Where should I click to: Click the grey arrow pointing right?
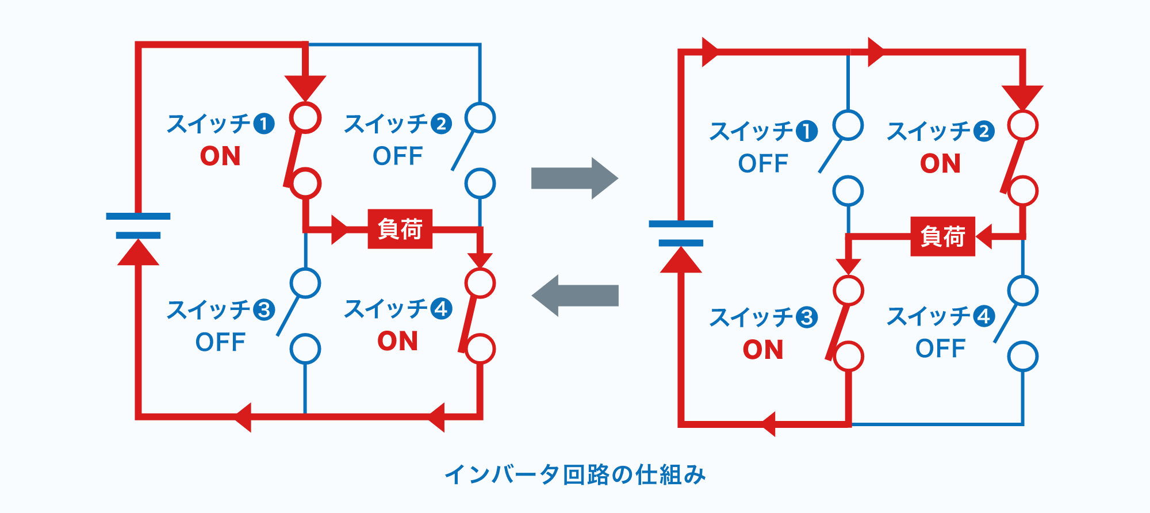[574, 178]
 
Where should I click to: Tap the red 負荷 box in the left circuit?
[400, 229]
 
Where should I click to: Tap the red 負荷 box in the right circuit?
[942, 236]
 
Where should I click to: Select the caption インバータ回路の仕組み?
[575, 475]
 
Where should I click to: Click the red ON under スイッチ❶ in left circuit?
[220, 156]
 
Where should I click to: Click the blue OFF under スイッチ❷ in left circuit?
[397, 156]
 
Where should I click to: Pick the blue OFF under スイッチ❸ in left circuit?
[220, 342]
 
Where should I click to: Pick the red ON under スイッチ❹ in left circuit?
[397, 341]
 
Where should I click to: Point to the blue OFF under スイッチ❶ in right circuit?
[763, 164]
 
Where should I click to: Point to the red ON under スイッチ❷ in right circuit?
[940, 164]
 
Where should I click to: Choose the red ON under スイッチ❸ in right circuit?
[763, 350]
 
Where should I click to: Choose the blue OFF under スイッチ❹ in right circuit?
[940, 349]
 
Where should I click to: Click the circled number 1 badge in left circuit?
[264, 124]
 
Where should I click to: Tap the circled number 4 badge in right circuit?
[984, 316]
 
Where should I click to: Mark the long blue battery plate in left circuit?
[138, 216]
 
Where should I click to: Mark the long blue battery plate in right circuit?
[681, 224]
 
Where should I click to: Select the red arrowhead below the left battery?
[138, 253]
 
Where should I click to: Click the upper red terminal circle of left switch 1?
[305, 118]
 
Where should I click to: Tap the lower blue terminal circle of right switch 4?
[1023, 357]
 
